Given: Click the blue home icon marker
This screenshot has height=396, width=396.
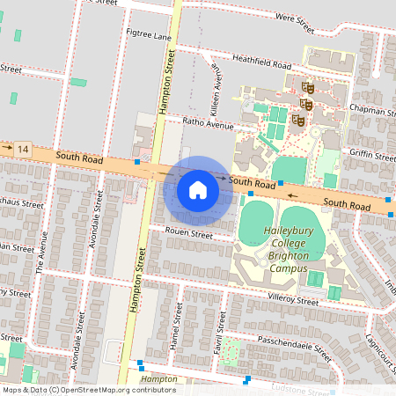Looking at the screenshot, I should pos(198,190).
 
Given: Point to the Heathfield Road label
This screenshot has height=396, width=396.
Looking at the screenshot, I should pos(261,63).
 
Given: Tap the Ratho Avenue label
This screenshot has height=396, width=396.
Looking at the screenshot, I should pos(208,124).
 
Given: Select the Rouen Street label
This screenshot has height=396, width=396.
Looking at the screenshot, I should pos(188,235).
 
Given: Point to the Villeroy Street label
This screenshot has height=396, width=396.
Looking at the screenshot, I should pos(294,300).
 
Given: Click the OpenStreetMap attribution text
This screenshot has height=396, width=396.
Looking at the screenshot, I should pos(89,389).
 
